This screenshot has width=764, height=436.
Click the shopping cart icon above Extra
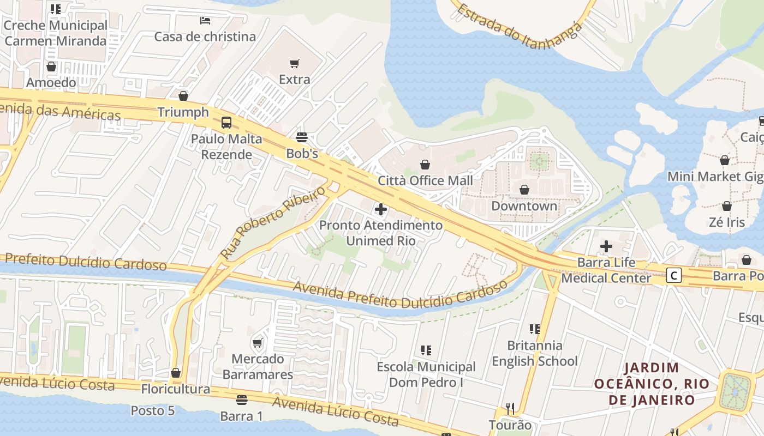[x=295, y=63]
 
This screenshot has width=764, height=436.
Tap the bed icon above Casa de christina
[x=205, y=21]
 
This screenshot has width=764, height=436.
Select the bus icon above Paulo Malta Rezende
[x=226, y=123]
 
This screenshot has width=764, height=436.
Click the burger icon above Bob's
[x=302, y=137]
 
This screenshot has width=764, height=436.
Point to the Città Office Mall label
[x=426, y=180]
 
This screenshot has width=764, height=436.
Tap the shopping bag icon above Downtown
[x=524, y=190]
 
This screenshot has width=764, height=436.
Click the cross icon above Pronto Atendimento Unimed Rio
[x=381, y=209]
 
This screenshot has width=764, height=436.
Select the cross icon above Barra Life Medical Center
[x=606, y=246]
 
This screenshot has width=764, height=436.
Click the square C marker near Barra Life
[x=674, y=276]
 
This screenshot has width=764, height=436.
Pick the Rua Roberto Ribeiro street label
[x=272, y=222]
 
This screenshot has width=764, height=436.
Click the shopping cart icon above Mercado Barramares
[x=258, y=343]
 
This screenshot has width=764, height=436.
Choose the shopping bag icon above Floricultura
[x=176, y=373]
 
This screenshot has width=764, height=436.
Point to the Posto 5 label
[x=153, y=410]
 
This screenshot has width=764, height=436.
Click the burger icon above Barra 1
[x=241, y=400]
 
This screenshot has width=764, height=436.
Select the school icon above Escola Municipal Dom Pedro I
[x=426, y=350]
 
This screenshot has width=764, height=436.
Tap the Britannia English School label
[x=534, y=353]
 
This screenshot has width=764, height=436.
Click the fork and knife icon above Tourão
[x=510, y=408]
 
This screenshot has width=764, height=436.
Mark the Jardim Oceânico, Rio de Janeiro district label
[x=652, y=384]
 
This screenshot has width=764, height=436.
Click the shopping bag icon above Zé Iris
[x=726, y=206]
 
